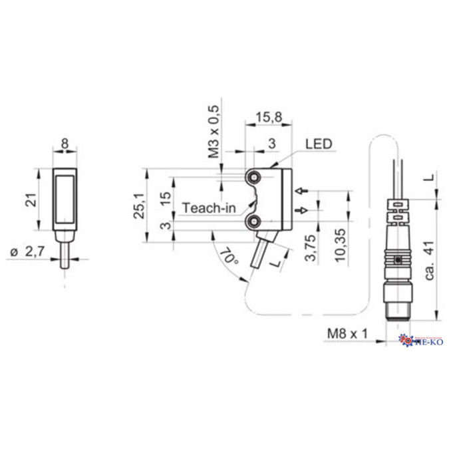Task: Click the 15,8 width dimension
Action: [268, 118]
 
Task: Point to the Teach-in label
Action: [209, 208]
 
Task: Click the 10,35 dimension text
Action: [341, 247]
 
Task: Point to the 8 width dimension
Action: [64, 142]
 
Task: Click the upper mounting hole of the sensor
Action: [255, 178]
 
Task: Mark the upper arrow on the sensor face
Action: [303, 192]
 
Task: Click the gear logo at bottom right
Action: [406, 341]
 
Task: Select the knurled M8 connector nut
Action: [394, 257]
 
